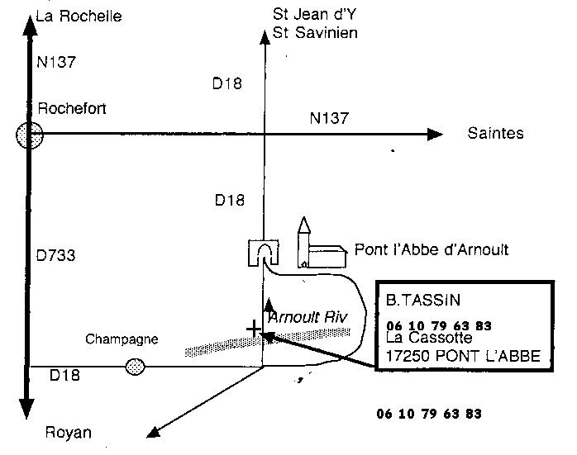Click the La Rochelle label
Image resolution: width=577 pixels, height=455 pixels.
tap(79, 17)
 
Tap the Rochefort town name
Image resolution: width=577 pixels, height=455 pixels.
tap(72, 108)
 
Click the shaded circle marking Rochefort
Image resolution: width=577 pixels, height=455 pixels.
tap(30, 135)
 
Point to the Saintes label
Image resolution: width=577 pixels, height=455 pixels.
tap(495, 133)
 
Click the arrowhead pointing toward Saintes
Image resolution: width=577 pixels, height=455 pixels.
tap(435, 135)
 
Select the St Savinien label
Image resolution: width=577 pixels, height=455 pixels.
tap(315, 33)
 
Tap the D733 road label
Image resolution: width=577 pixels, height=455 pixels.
tap(55, 255)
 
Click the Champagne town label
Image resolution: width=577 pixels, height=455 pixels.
tap(122, 339)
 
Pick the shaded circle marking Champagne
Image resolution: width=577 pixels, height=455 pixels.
tap(135, 367)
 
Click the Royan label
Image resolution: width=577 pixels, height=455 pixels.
tap(69, 433)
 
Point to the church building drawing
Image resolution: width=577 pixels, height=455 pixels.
tap(322, 244)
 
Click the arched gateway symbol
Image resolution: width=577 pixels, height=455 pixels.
tap(263, 253)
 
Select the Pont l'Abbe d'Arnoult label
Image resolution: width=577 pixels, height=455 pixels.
tap(432, 250)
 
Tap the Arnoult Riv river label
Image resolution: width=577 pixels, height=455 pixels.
tap(308, 317)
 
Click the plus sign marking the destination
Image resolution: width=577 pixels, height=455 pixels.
tap(254, 329)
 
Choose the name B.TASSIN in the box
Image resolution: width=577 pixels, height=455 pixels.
tap(423, 301)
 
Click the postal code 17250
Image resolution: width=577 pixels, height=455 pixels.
tap(408, 356)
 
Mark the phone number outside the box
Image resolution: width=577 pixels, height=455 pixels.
tap(429, 414)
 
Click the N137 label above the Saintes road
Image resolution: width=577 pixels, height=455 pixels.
tap(329, 118)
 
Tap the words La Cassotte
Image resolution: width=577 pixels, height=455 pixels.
tap(429, 338)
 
